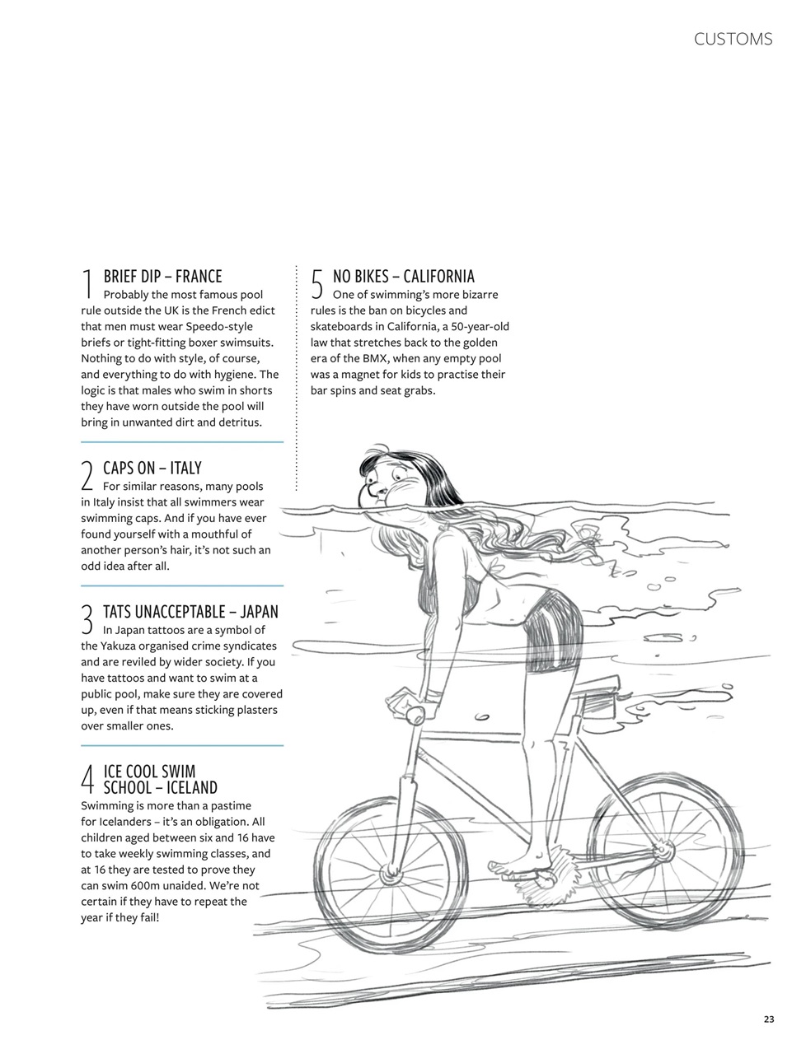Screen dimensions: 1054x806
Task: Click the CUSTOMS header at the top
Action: click(733, 39)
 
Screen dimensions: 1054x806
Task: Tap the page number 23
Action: click(768, 1019)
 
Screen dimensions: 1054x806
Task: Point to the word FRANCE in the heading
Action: click(199, 276)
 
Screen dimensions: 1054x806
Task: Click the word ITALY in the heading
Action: click(185, 468)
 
